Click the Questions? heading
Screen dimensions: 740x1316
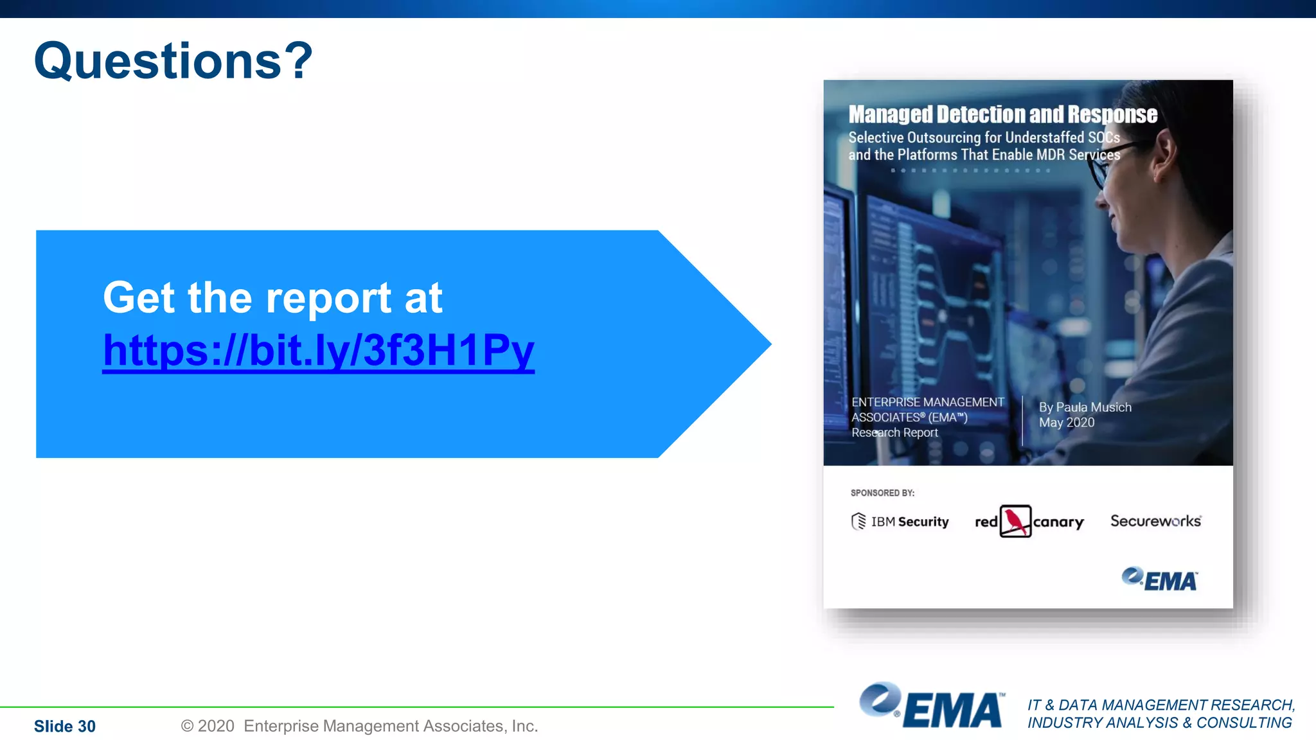(173, 61)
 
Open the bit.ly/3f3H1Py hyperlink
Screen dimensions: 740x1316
(318, 350)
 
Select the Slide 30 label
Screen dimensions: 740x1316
(64, 726)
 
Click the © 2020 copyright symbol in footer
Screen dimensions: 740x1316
(187, 726)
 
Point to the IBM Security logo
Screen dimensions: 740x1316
(900, 521)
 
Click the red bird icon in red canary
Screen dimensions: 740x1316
(1015, 521)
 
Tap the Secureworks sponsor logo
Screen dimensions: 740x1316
(1155, 521)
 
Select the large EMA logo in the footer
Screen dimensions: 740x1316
(932, 707)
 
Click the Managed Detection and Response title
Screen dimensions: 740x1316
(1002, 114)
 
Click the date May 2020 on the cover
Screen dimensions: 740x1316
(1067, 423)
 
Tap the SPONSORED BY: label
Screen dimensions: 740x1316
(882, 493)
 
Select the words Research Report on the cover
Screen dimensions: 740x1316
(894, 433)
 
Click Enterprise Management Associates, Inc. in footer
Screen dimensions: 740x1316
(391, 726)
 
